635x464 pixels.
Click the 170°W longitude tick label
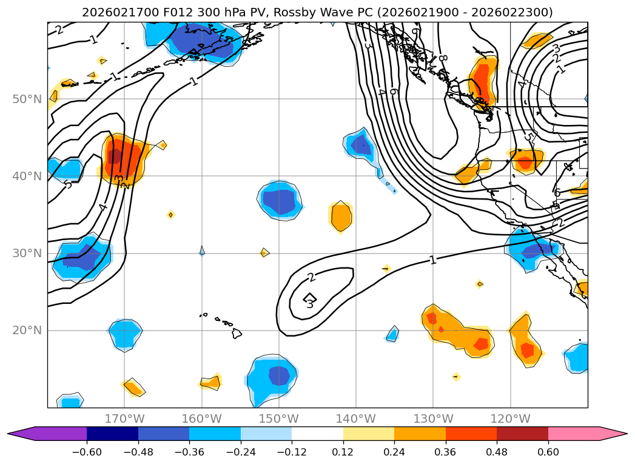click(124, 419)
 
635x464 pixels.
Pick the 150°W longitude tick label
click(278, 419)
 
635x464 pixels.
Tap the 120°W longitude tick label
click(510, 419)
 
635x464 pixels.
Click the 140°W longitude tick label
click(355, 419)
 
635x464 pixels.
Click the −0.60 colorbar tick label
click(86, 452)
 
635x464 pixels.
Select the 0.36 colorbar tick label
click(445, 452)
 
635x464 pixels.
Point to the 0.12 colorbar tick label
click(343, 452)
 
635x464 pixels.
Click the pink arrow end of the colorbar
click(613, 433)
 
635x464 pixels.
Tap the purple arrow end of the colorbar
click(21, 433)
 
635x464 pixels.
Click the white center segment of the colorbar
click(317, 433)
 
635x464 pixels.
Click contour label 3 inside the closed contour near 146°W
click(310, 304)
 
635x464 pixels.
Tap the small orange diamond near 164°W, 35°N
click(170, 215)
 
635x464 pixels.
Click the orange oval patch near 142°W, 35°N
click(341, 217)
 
